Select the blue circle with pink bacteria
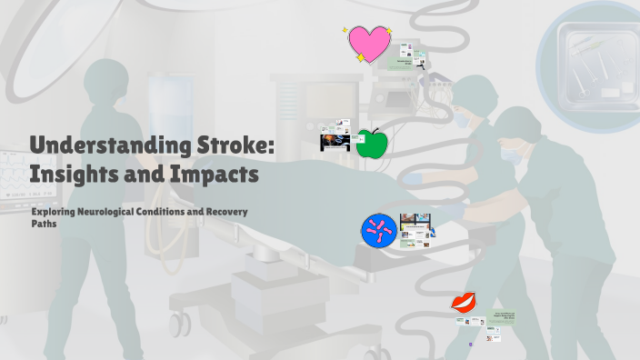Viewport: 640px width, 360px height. point(378,231)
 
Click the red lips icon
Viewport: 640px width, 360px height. point(465,303)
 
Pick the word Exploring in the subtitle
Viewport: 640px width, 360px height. point(52,211)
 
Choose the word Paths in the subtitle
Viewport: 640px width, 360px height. point(43,223)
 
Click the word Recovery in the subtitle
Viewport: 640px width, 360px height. point(224,211)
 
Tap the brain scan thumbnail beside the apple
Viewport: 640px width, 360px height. point(335,142)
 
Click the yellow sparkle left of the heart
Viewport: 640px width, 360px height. point(346,30)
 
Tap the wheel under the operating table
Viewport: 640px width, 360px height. point(179,322)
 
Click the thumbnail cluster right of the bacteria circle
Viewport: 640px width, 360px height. point(416,228)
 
